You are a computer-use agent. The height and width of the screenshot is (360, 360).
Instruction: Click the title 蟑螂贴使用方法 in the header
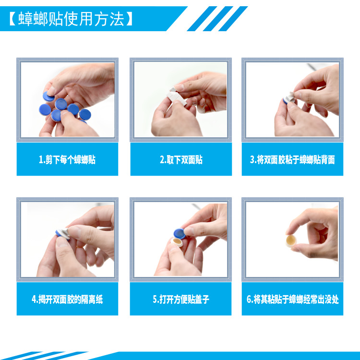[71, 19]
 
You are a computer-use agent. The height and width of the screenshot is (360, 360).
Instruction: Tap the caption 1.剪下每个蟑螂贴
[67, 160]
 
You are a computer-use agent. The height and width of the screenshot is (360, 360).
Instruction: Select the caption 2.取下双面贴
[181, 160]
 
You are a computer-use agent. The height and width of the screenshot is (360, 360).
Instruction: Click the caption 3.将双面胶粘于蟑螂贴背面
[292, 160]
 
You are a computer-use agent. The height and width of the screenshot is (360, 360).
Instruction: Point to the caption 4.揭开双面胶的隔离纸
[67, 300]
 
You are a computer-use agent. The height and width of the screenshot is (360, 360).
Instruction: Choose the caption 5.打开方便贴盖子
[181, 300]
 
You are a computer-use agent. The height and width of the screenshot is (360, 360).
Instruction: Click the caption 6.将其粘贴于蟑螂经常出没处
[292, 300]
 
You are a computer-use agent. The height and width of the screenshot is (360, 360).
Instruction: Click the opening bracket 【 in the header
[12, 19]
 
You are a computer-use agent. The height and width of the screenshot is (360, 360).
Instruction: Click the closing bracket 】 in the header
[130, 19]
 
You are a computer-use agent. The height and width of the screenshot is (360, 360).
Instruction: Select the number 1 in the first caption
[41, 160]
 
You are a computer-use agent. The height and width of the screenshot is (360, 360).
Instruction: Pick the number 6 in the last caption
[249, 300]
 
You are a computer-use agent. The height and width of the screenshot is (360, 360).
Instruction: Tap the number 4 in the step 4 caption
[34, 300]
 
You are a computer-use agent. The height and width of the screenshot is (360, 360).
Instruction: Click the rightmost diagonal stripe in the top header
[235, 19]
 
